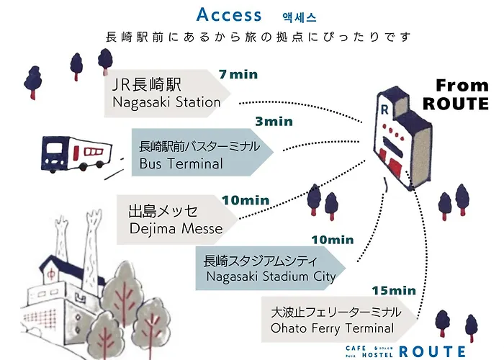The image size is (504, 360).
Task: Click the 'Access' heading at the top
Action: point(229,14)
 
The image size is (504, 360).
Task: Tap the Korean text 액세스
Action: point(300,17)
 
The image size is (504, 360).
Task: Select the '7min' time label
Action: point(238,74)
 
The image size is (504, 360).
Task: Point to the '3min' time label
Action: point(274,121)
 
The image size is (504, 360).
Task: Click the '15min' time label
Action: point(394,291)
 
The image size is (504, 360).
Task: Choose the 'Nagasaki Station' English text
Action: point(166,102)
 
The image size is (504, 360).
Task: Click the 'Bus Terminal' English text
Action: point(181,163)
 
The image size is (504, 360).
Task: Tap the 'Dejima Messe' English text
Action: point(176,228)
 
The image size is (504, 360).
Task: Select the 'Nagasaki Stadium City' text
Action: point(271,276)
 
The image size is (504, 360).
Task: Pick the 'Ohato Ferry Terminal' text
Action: point(333,328)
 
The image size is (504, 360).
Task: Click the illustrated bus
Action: point(76,154)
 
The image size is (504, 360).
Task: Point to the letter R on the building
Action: point(384,109)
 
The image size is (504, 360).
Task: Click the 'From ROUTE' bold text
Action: point(456,94)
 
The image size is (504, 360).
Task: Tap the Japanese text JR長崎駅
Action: point(147,84)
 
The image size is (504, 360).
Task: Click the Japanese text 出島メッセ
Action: point(163,211)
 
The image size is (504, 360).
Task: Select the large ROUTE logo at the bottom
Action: point(433,351)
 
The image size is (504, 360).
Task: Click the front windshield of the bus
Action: point(54,149)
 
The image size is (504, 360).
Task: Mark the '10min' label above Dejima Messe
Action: point(246,200)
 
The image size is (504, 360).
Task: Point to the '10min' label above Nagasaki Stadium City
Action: point(333,240)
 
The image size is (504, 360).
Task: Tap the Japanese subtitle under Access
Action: point(258,37)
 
